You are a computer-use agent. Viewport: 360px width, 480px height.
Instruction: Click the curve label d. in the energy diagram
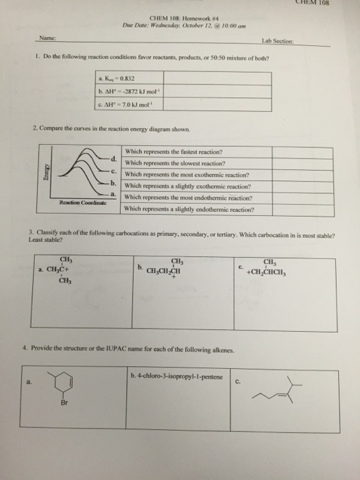(113, 159)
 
